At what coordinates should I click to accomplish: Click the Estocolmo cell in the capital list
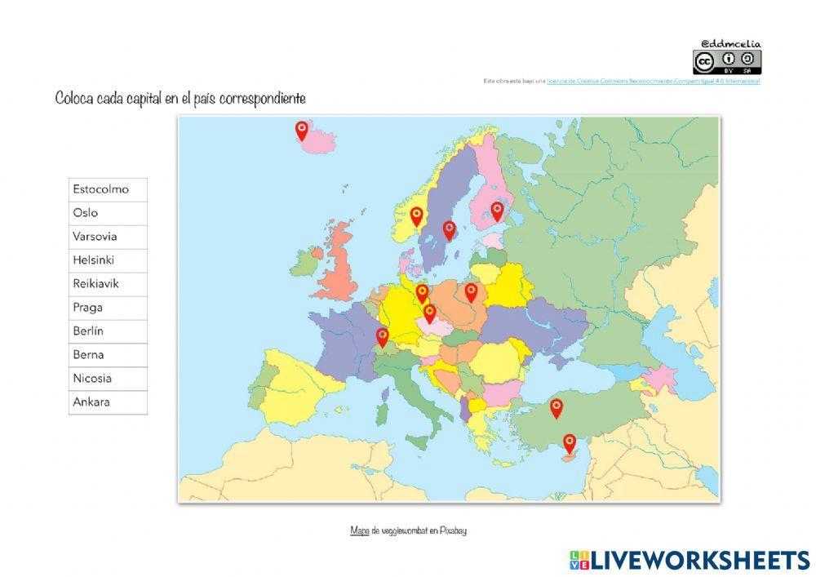108,189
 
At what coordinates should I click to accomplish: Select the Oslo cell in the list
108,213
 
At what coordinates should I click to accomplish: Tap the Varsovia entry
108,237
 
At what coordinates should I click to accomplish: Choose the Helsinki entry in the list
108,260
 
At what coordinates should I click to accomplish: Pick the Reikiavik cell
108,284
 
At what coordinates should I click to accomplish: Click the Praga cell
108,308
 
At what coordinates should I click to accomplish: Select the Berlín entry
108,331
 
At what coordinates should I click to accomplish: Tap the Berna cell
108,355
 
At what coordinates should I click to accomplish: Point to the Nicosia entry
108,379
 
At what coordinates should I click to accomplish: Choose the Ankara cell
108,402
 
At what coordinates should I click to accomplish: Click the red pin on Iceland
302,130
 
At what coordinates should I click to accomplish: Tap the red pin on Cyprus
570,443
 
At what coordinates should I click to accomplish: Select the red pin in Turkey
557,407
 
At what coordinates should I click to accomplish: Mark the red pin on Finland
497,211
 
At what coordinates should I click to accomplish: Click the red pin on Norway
417,215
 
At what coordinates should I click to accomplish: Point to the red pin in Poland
471,291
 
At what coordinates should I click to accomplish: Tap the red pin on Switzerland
382,336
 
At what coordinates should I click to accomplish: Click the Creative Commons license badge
727,62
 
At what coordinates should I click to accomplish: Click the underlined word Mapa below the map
359,530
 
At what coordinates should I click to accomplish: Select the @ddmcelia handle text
730,43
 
